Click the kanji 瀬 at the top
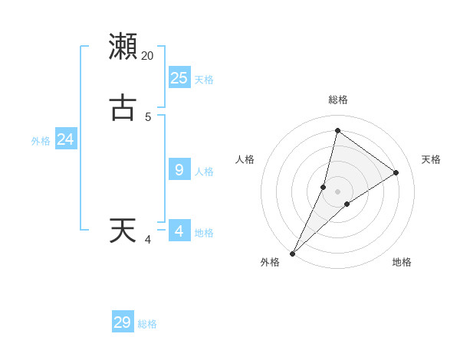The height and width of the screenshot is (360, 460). [123, 46]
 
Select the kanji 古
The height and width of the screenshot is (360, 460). [123, 108]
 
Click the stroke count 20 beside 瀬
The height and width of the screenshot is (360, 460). [148, 56]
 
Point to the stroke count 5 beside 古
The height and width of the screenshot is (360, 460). [148, 117]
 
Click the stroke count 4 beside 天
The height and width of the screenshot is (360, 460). [148, 240]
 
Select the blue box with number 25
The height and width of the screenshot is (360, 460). [179, 77]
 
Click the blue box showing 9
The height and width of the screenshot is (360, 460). [179, 169]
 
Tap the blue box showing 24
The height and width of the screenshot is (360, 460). [66, 139]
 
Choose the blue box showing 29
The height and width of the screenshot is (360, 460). [123, 322]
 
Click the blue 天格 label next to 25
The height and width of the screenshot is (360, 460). [204, 80]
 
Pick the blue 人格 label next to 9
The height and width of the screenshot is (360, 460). [204, 172]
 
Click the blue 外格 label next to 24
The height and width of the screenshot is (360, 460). [41, 141]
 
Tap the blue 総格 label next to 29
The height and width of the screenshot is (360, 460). [147, 325]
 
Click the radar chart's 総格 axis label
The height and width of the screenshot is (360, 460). [337, 100]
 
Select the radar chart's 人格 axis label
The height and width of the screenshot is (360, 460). [245, 159]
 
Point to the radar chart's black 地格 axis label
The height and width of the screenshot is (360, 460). [402, 263]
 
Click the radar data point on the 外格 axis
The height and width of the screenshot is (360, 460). [292, 254]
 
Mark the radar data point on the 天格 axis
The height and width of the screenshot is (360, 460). [396, 172]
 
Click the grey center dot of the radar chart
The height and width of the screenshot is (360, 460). [337, 191]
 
